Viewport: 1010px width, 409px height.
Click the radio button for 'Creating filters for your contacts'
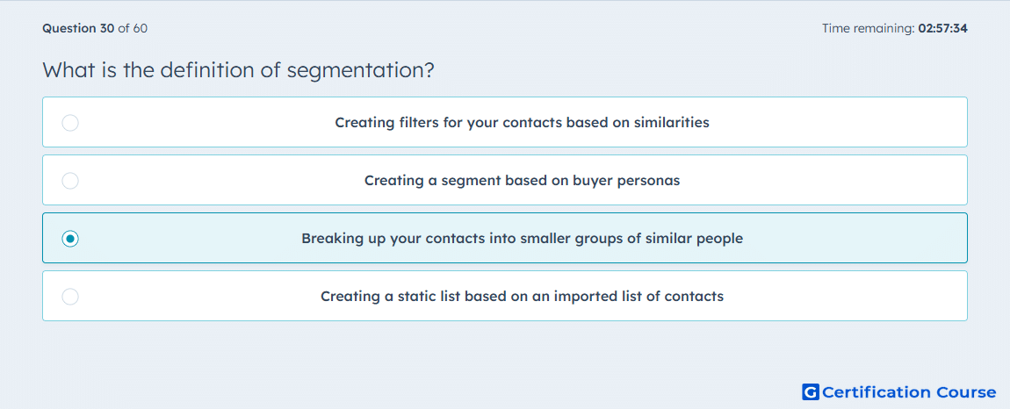click(70, 122)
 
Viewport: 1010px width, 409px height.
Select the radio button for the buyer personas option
click(70, 181)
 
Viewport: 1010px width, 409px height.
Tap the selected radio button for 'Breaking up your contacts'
click(70, 239)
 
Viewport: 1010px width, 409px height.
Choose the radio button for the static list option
click(70, 297)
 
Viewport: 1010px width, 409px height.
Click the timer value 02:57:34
click(943, 28)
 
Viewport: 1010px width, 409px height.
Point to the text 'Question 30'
click(78, 28)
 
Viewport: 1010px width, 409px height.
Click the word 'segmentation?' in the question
click(361, 70)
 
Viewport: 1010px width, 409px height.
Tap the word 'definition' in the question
click(208, 69)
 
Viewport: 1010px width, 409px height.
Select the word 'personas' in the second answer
click(649, 181)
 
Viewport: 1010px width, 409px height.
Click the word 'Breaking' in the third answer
click(328, 239)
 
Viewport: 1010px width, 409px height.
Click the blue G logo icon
click(811, 391)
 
